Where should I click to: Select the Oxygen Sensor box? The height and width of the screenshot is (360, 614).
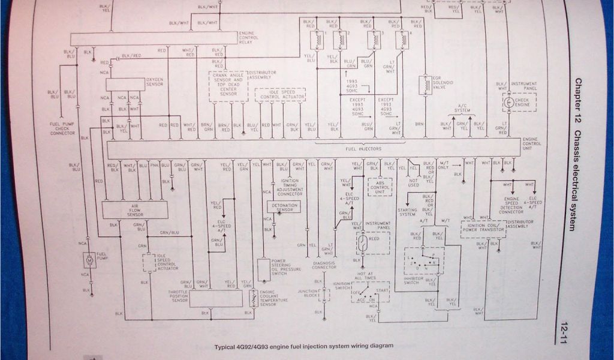(125, 84)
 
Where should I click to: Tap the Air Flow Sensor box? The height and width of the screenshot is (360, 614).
(134, 209)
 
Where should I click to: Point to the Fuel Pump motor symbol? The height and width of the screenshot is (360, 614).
(89, 260)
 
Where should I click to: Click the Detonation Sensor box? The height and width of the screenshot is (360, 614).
(283, 207)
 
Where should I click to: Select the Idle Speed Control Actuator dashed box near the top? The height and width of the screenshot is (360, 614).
(280, 95)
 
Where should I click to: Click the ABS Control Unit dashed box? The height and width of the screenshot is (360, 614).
(380, 187)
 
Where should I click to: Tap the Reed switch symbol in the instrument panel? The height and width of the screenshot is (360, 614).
(363, 242)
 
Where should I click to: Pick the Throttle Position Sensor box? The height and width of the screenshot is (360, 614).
(216, 298)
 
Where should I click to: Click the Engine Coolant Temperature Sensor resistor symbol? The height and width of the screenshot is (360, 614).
(254, 298)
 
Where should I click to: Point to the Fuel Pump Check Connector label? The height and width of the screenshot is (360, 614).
(62, 128)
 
